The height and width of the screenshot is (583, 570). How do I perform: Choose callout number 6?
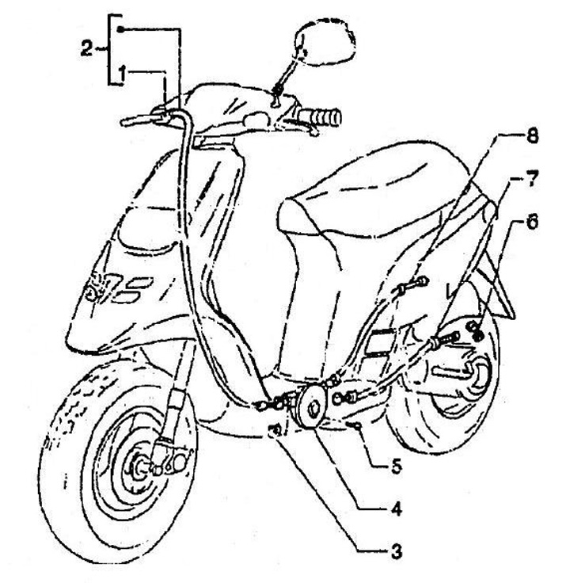[x=532, y=223]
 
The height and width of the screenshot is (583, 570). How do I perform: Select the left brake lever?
[x=141, y=120]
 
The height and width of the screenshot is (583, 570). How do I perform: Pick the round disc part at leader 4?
[x=311, y=406]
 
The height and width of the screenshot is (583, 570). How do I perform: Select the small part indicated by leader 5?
[x=358, y=426]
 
